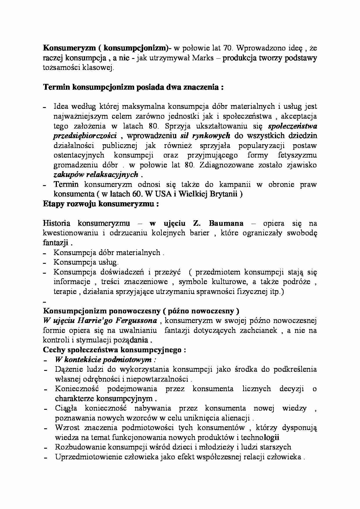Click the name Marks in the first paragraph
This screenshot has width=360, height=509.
tap(200, 58)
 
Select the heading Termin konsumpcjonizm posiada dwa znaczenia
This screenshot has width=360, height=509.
tap(133, 87)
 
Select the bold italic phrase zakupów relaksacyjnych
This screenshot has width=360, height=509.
tap(96, 175)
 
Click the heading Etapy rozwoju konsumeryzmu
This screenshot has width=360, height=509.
tap(101, 204)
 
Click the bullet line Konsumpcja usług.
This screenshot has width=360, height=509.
tap(86, 262)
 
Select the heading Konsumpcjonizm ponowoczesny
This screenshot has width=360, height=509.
tap(141, 311)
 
